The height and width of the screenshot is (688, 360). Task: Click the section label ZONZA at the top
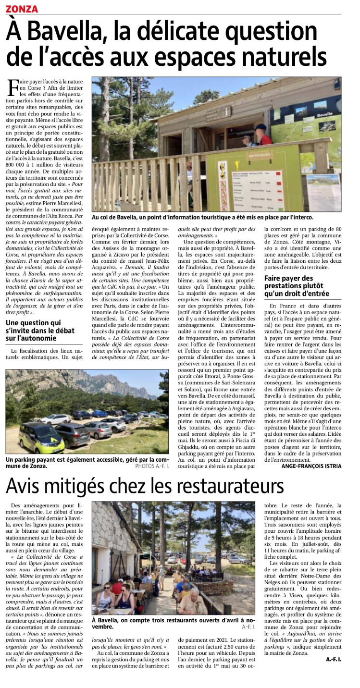pyautogui.click(x=22, y=8)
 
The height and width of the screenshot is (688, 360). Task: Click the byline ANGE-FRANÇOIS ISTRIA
pyautogui.click(x=311, y=466)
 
